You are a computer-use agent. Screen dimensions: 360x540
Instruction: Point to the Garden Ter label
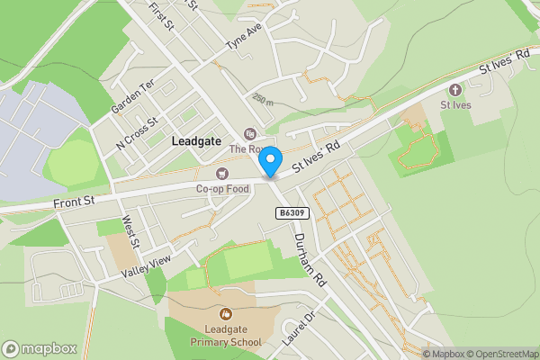click(133, 95)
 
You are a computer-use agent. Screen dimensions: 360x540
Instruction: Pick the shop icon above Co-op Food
click(221, 174)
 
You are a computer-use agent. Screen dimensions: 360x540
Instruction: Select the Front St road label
click(74, 203)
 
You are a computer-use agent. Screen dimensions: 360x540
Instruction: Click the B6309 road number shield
click(288, 212)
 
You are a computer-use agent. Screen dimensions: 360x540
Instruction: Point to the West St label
click(130, 232)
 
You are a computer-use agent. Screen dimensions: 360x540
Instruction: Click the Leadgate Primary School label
click(226, 336)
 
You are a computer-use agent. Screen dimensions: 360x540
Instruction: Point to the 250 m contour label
click(263, 98)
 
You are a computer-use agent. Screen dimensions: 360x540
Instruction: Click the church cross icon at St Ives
click(454, 90)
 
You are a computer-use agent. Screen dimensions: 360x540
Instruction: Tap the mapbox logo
click(38, 349)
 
